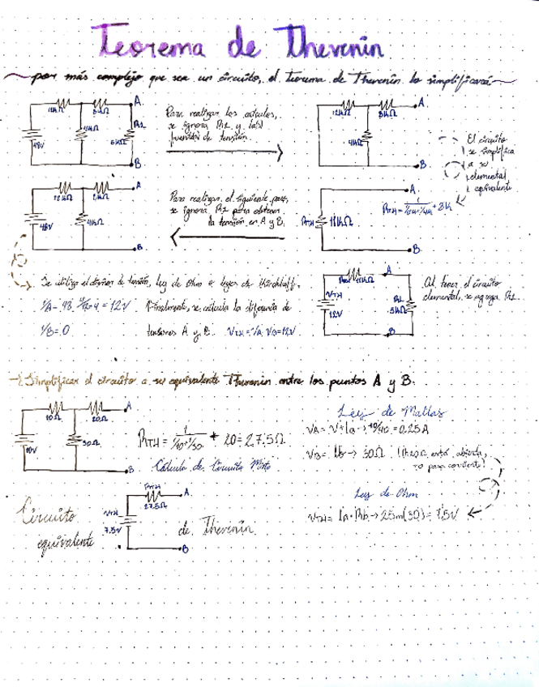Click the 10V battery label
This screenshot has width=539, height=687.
[x=31, y=447]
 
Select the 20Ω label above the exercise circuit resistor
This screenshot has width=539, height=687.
[x=100, y=418]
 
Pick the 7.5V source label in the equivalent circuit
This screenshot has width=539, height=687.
[x=111, y=529]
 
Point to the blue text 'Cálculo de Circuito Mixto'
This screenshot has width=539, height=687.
[x=213, y=467]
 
